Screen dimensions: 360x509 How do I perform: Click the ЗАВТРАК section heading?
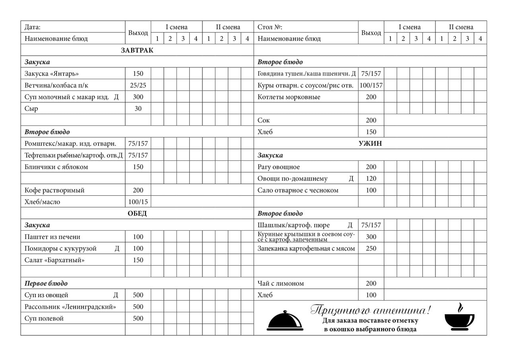(137, 51)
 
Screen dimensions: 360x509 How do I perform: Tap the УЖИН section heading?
(370, 144)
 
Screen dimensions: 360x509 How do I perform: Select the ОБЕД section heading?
(137, 214)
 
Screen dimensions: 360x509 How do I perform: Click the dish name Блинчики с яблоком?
(56, 167)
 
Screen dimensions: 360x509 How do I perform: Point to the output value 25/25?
(138, 86)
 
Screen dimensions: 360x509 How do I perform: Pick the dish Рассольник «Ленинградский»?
(70, 307)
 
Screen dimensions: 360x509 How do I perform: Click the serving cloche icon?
(285, 321)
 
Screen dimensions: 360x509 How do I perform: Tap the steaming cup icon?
(459, 318)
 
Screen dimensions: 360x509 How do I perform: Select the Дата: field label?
(33, 27)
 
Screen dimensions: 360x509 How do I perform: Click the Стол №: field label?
(270, 27)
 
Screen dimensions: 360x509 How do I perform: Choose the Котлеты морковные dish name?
(289, 97)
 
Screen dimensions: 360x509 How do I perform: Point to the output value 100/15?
(138, 202)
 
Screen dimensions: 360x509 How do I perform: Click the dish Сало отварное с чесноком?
(298, 191)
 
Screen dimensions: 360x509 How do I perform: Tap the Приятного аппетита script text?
(370, 310)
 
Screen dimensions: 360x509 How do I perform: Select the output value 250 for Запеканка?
(371, 249)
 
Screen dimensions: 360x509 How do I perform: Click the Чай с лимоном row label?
(281, 284)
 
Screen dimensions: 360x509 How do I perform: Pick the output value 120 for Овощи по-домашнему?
(371, 179)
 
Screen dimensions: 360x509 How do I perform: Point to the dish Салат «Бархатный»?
(54, 260)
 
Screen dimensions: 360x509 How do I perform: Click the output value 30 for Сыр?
(138, 109)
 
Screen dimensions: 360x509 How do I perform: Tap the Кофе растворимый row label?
(54, 191)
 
